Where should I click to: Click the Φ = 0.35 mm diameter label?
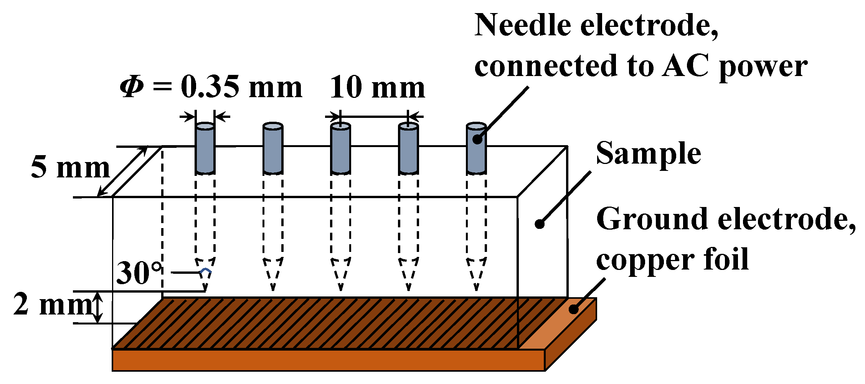(211, 88)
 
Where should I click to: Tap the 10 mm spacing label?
(377, 88)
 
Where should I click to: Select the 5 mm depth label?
(70, 168)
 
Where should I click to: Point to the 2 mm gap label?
(52, 304)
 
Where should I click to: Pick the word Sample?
(648, 154)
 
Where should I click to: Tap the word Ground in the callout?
(652, 219)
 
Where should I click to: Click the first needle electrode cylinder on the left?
(205, 149)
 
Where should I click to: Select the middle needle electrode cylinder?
(340, 149)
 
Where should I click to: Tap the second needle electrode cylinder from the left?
(273, 149)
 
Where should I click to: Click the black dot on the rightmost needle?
(477, 139)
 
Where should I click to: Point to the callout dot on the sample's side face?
(540, 224)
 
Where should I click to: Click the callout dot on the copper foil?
(573, 309)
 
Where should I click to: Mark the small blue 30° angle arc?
(206, 271)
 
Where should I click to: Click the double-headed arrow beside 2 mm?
(98, 307)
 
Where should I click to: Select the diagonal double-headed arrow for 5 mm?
(122, 171)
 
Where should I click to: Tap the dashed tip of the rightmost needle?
(476, 275)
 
